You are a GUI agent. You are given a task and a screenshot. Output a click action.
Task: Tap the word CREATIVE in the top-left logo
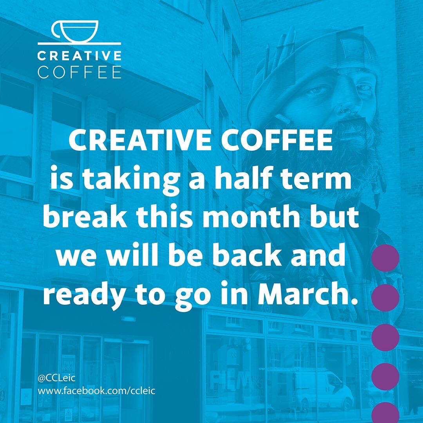(79, 56)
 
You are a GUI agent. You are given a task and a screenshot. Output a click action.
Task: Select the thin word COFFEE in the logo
(79, 73)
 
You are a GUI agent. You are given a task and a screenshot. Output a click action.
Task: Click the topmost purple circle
(385, 258)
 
